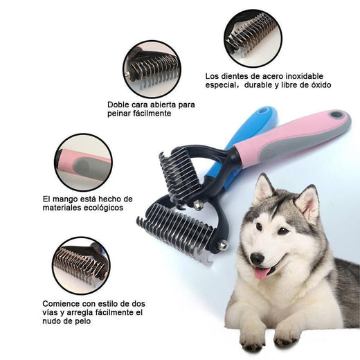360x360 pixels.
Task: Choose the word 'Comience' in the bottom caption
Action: (60, 303)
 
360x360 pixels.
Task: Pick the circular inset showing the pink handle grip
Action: (82, 163)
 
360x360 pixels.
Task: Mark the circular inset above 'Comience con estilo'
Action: (80, 266)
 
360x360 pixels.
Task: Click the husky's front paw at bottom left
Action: (252, 339)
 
